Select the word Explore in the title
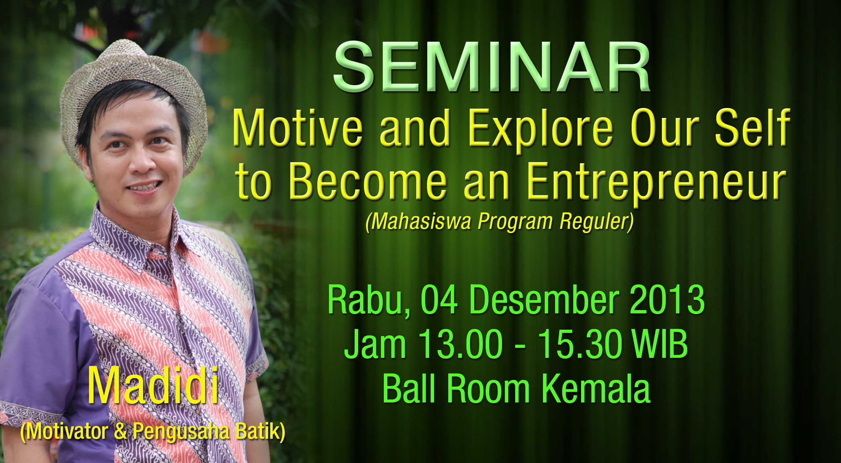[540, 130]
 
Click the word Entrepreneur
[656, 184]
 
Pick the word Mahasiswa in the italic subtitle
[421, 222]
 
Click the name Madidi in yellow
[153, 386]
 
